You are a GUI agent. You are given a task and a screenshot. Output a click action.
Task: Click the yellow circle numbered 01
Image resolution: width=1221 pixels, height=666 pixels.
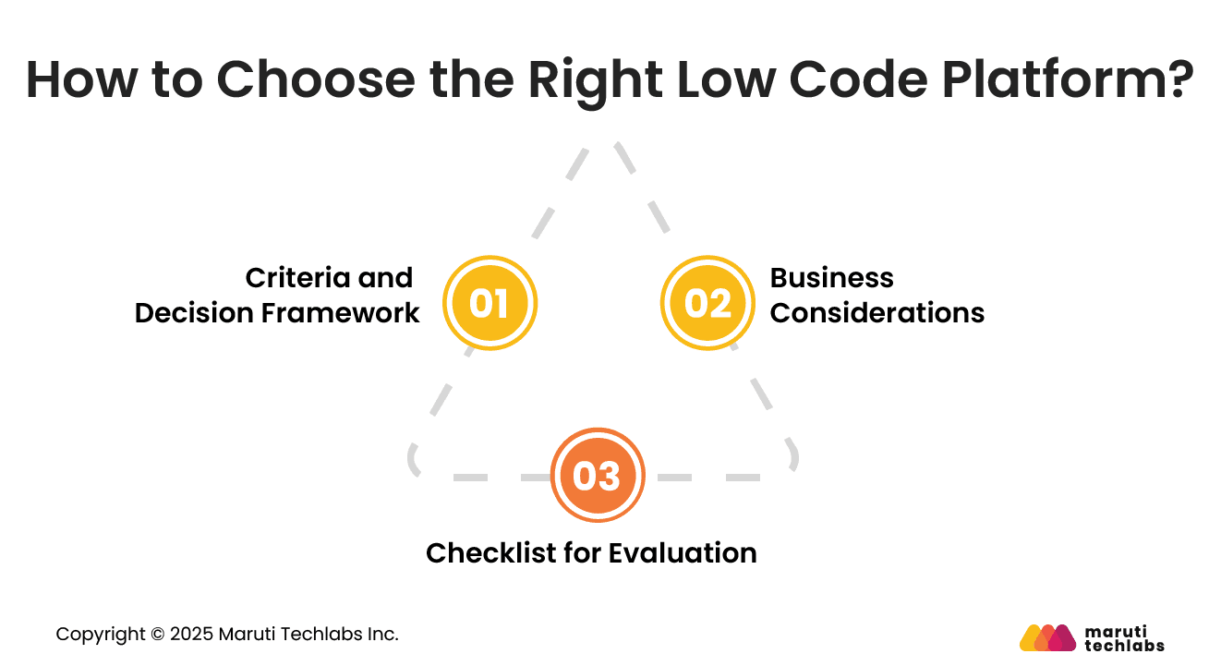pos(490,303)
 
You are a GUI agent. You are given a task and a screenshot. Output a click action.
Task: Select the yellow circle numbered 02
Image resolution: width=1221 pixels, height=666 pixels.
pos(707,303)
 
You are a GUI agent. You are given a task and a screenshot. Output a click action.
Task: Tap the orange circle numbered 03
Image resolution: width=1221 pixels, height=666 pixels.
pos(597,476)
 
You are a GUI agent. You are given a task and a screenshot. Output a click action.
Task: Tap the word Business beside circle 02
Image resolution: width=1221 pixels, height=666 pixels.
pos(831,278)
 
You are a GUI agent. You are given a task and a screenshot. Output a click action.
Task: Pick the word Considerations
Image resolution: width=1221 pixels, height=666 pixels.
pos(877,313)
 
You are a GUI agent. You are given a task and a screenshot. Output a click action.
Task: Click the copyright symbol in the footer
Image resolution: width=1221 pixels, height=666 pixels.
pos(157,635)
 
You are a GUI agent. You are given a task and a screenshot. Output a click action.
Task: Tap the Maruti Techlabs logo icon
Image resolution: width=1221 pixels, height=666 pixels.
pos(1047,637)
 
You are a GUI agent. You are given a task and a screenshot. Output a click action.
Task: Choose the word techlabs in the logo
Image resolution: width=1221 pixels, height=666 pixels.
pos(1124,646)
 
